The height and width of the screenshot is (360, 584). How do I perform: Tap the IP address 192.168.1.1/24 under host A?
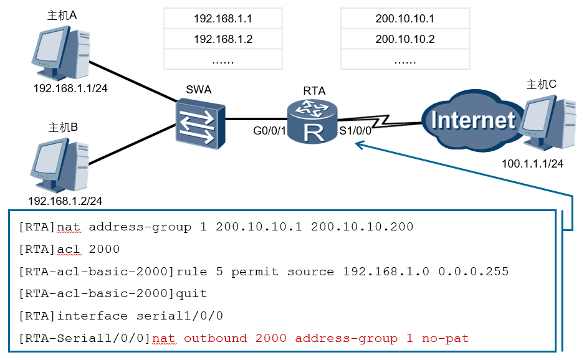tap(70, 88)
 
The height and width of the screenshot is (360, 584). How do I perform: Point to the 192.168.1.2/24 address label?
tap(65, 201)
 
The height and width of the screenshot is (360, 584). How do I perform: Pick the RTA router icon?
tap(314, 121)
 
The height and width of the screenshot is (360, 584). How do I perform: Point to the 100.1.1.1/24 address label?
tap(532, 164)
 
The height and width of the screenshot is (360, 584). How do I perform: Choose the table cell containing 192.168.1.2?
tap(223, 39)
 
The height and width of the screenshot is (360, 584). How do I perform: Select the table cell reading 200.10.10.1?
tap(405, 19)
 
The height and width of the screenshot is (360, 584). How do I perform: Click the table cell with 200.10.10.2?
tap(405, 39)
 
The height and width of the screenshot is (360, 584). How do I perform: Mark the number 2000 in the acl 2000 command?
tap(104, 249)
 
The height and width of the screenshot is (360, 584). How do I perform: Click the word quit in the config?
tap(191, 293)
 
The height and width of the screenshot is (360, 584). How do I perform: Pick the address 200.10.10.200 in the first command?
tap(362, 227)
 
